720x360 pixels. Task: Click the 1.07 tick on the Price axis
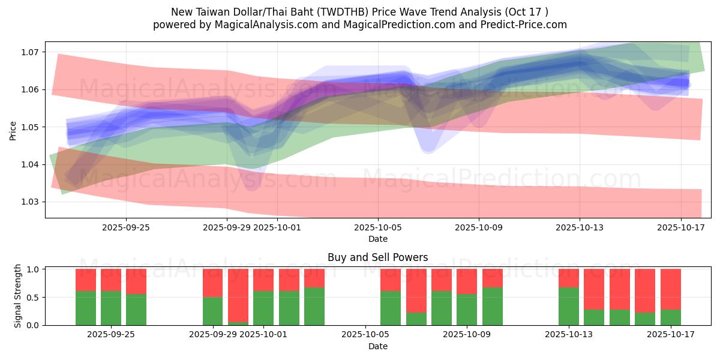point(31,52)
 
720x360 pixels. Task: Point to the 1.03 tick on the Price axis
point(31,202)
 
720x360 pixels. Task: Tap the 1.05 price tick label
point(31,127)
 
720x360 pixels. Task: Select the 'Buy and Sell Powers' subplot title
point(377,257)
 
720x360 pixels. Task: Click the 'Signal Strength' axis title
point(17,296)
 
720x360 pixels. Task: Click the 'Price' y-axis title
point(13,130)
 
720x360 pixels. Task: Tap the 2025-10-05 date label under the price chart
point(377,227)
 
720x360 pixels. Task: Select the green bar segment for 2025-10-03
point(314,306)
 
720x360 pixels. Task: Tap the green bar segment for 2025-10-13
point(568,306)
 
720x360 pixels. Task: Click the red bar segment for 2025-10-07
point(416,290)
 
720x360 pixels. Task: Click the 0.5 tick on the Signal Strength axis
point(35,297)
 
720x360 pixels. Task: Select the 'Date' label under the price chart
point(377,239)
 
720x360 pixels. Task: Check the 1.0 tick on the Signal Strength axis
point(35,269)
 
